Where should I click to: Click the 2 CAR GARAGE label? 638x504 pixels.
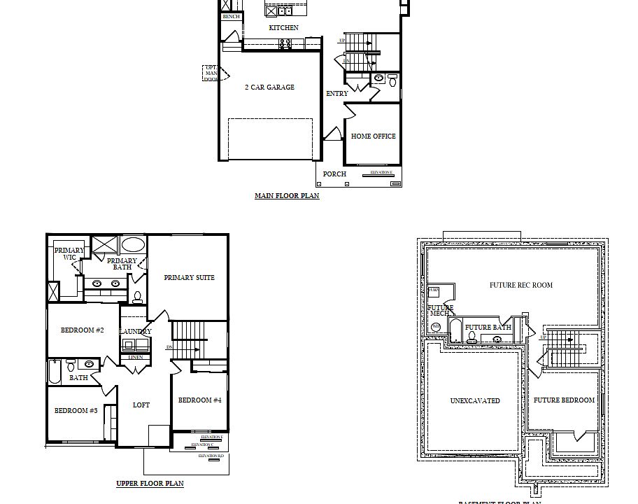click(x=269, y=87)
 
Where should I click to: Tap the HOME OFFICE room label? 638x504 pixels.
click(x=373, y=136)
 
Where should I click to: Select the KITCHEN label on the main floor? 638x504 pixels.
click(x=283, y=28)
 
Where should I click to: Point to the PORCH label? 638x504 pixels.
click(x=334, y=174)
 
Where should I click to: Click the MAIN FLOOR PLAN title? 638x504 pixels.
click(x=287, y=196)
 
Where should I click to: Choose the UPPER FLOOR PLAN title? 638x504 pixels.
click(x=150, y=484)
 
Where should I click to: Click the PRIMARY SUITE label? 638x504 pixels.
click(x=189, y=278)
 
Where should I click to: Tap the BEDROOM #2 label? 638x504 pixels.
click(x=82, y=330)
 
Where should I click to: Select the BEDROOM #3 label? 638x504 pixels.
click(x=76, y=411)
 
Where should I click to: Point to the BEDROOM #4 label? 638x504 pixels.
click(x=199, y=400)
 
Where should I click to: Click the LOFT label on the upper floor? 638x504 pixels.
click(x=141, y=405)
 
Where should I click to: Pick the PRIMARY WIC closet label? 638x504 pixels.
click(x=69, y=254)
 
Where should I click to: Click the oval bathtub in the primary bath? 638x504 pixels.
click(x=133, y=245)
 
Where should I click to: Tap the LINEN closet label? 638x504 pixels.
click(x=136, y=358)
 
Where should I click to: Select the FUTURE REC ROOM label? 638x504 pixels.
click(x=521, y=285)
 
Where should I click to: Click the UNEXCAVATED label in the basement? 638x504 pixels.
click(x=475, y=401)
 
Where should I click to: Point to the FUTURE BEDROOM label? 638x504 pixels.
click(x=564, y=400)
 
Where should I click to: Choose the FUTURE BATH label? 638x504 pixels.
click(x=488, y=328)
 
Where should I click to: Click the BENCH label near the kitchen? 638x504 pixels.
click(x=231, y=17)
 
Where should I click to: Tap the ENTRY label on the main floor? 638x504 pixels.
click(x=336, y=94)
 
